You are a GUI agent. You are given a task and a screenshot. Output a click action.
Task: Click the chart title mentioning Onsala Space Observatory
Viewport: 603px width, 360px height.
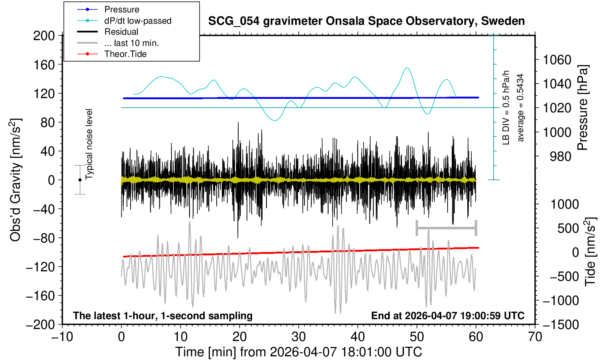click(x=366, y=21)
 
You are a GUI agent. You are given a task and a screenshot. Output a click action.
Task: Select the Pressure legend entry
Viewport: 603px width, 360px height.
click(x=121, y=9)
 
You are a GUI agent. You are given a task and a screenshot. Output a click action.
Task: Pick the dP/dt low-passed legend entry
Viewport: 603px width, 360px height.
click(x=138, y=21)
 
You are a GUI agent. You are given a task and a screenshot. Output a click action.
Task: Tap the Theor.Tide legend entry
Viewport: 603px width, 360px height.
click(x=125, y=54)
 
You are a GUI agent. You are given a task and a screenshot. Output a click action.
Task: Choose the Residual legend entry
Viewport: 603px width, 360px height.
click(x=121, y=32)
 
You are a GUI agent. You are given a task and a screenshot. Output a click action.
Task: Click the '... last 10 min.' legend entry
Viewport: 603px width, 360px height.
click(x=131, y=43)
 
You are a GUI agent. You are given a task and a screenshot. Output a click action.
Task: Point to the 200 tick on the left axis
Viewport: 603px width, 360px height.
click(x=44, y=36)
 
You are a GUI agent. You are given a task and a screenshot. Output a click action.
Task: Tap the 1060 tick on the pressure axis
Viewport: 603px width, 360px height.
click(x=557, y=59)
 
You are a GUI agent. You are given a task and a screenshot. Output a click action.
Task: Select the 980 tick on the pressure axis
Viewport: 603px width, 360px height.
click(x=560, y=156)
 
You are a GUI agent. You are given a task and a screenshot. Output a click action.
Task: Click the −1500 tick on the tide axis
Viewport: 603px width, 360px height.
click(x=561, y=325)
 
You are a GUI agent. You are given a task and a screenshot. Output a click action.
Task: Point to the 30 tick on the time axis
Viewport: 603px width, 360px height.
click(x=298, y=336)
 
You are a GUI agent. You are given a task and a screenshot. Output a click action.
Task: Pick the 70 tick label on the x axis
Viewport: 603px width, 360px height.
click(x=535, y=336)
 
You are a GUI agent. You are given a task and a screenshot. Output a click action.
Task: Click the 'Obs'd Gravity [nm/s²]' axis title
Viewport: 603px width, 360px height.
click(x=16, y=180)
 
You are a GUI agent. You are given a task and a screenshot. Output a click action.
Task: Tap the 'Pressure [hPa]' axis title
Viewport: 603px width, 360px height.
click(x=583, y=108)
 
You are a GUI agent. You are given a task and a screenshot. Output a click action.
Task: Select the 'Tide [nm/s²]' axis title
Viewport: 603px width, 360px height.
click(x=590, y=252)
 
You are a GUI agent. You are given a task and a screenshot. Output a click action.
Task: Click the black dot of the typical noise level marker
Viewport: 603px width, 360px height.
click(x=80, y=180)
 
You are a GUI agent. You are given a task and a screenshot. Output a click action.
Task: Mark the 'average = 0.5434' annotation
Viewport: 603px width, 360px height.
click(x=521, y=108)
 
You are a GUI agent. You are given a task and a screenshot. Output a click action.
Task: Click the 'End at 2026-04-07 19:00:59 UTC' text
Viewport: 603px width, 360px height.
click(x=448, y=316)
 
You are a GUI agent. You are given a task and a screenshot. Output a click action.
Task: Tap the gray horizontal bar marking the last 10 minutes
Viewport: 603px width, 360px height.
click(x=446, y=228)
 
